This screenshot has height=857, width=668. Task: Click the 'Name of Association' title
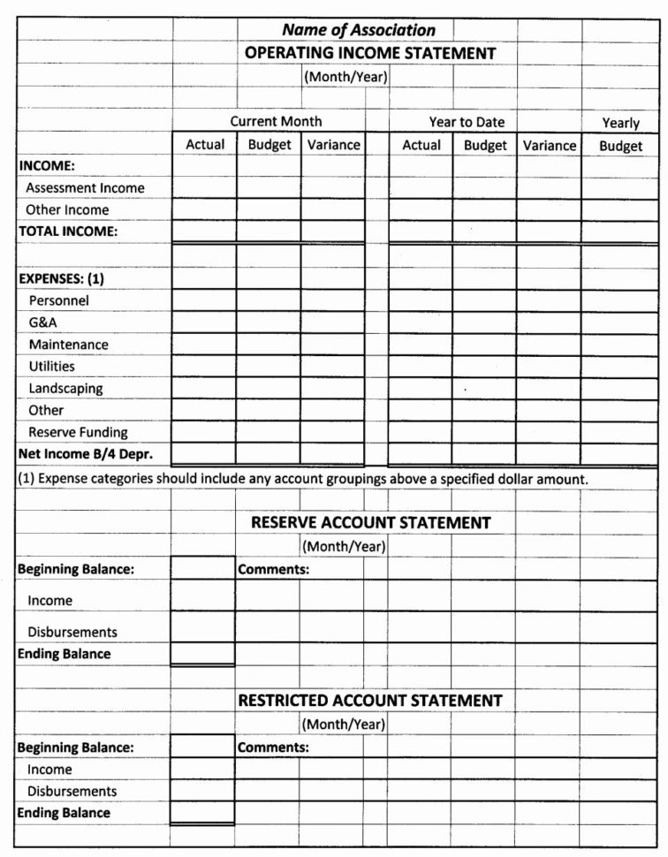[358, 30]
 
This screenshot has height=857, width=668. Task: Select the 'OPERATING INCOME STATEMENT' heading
[369, 53]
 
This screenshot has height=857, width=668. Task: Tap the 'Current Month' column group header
[276, 121]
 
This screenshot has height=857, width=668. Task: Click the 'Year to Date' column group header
[467, 122]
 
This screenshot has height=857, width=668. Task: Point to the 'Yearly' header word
[620, 123]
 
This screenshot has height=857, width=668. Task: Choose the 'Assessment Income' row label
[85, 188]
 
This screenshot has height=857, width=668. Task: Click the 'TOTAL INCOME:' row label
[68, 231]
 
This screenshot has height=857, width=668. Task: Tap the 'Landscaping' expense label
[65, 389]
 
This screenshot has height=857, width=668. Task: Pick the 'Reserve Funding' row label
[78, 433]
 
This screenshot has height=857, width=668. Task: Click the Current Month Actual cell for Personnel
[204, 300]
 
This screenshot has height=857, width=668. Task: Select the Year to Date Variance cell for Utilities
[549, 367]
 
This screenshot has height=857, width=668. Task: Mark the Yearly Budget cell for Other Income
[620, 210]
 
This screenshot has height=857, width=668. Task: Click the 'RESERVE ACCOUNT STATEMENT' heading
[370, 522]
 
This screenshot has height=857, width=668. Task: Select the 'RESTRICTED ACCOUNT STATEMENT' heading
[369, 701]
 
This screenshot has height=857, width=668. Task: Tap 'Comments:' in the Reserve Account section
[273, 570]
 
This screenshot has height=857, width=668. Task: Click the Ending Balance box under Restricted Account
[202, 812]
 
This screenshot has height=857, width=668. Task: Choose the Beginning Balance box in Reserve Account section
[202, 569]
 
